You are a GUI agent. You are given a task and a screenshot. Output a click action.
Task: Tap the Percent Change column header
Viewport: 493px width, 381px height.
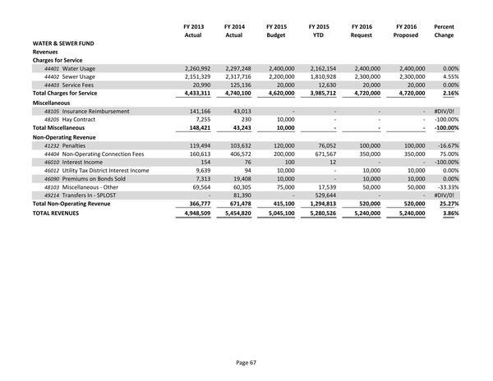444,32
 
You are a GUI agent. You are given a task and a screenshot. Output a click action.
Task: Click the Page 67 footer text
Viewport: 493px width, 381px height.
246,362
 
